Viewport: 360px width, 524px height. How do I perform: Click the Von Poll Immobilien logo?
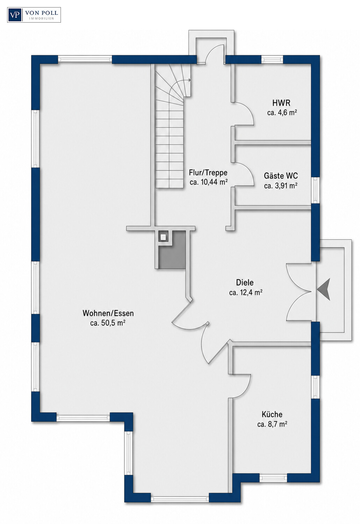coord(34,15)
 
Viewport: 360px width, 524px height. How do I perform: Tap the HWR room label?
coord(281,103)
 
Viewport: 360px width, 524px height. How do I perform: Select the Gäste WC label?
coord(281,175)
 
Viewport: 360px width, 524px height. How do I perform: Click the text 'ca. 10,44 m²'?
coord(209,182)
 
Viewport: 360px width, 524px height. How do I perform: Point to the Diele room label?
coord(245,282)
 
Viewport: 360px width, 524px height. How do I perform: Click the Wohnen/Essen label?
coord(108,313)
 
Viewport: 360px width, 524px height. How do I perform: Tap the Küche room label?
coord(272,421)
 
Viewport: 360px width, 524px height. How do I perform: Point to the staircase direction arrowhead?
coord(189,80)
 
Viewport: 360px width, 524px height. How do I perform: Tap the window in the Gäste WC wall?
coord(316,190)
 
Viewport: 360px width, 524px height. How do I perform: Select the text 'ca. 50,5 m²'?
coord(108,323)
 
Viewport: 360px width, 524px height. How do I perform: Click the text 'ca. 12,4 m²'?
coord(246,292)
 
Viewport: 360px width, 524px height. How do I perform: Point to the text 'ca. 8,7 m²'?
coord(272,431)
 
